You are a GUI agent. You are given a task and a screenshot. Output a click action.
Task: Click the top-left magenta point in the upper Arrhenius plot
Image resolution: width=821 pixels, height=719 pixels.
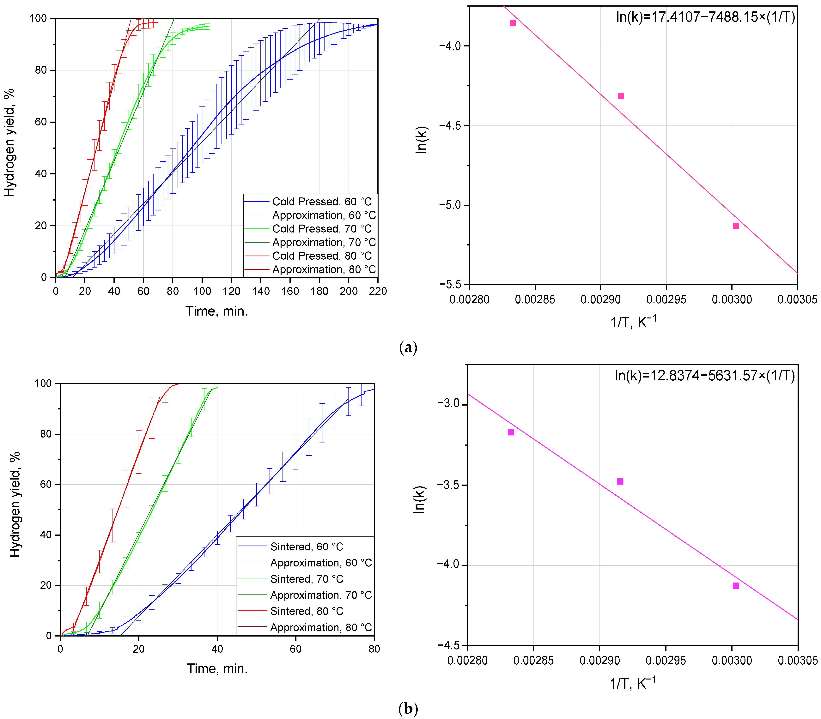click(x=512, y=23)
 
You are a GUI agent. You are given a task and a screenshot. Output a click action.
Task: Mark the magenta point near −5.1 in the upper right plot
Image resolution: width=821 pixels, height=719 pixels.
click(x=736, y=226)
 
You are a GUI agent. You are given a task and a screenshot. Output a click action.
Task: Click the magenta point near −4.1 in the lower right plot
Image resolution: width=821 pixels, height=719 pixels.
click(x=736, y=586)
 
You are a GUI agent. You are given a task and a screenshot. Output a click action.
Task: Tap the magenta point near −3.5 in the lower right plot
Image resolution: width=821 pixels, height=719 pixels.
click(x=620, y=481)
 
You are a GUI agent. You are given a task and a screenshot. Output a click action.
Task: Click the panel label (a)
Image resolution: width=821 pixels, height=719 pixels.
click(x=408, y=347)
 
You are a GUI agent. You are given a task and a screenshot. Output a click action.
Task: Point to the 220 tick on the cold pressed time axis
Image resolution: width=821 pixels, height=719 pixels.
click(x=378, y=291)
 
